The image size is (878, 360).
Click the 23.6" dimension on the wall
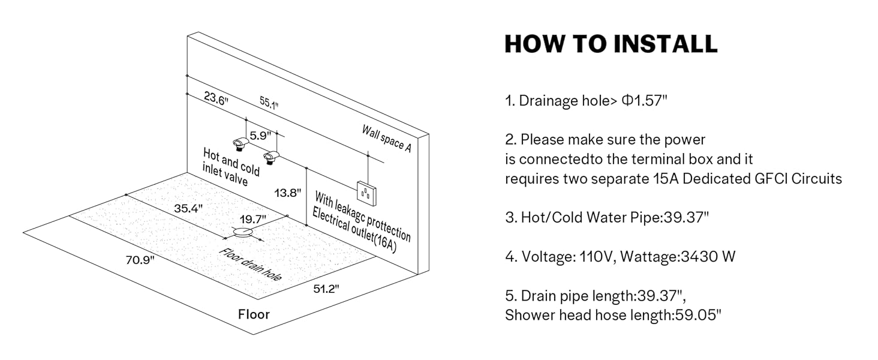point(216,100)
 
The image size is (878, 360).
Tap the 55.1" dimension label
point(269,103)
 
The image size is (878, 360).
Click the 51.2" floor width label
point(326,289)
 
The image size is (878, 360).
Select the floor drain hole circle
point(243,232)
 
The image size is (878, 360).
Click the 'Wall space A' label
point(386,137)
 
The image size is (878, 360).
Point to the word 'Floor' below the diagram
point(254,314)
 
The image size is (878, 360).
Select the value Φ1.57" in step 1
point(644,100)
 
